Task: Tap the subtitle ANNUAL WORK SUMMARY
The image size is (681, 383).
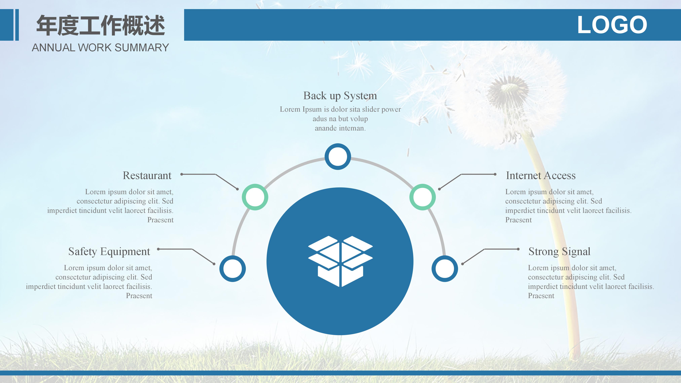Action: [100, 48]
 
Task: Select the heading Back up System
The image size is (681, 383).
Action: [340, 96]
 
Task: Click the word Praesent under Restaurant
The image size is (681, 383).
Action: [160, 220]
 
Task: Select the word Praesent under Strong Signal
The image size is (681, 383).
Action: [541, 296]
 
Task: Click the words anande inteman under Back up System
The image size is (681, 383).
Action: [340, 128]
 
